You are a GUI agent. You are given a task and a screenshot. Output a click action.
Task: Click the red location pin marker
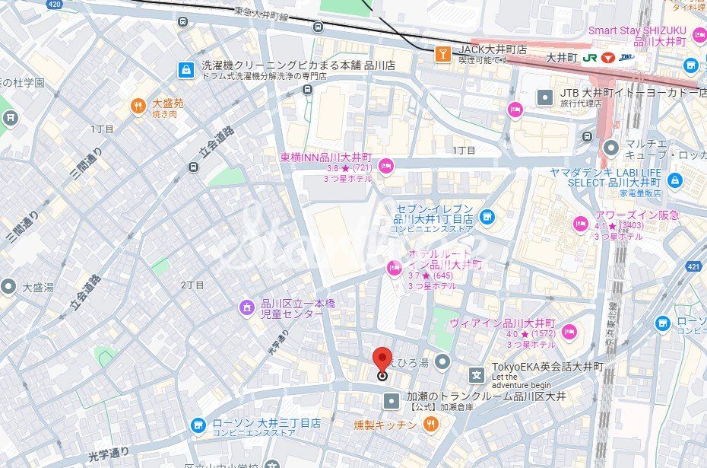[x=382, y=361]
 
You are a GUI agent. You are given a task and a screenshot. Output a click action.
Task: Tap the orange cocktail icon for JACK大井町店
[x=441, y=53]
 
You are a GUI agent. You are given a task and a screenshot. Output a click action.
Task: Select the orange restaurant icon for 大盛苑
[x=138, y=107]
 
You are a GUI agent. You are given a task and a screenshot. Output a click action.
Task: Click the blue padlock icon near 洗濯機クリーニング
[x=185, y=71]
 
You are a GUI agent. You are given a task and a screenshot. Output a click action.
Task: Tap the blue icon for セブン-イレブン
[x=487, y=217]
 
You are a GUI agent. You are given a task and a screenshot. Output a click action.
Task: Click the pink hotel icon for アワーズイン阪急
[x=581, y=224]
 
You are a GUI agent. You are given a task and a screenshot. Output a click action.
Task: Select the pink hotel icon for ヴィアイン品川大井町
[x=569, y=331]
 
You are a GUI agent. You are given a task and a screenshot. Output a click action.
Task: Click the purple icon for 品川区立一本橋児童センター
[x=246, y=308]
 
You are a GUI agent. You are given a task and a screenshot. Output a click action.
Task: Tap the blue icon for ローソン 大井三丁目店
[x=198, y=424]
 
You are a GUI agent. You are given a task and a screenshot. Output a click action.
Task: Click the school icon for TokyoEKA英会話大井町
[x=476, y=374]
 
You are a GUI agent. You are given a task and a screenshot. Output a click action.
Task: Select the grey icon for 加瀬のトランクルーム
[x=391, y=400]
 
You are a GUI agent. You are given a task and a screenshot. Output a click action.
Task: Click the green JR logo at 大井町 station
[x=589, y=58]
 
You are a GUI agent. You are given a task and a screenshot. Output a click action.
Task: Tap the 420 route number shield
[x=54, y=5]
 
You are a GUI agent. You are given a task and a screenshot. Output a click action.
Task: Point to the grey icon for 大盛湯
[x=9, y=287]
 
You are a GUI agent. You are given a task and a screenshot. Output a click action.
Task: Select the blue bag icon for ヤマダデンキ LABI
[x=674, y=181]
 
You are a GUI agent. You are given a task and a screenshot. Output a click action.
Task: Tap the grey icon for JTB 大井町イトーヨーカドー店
[x=544, y=97]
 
